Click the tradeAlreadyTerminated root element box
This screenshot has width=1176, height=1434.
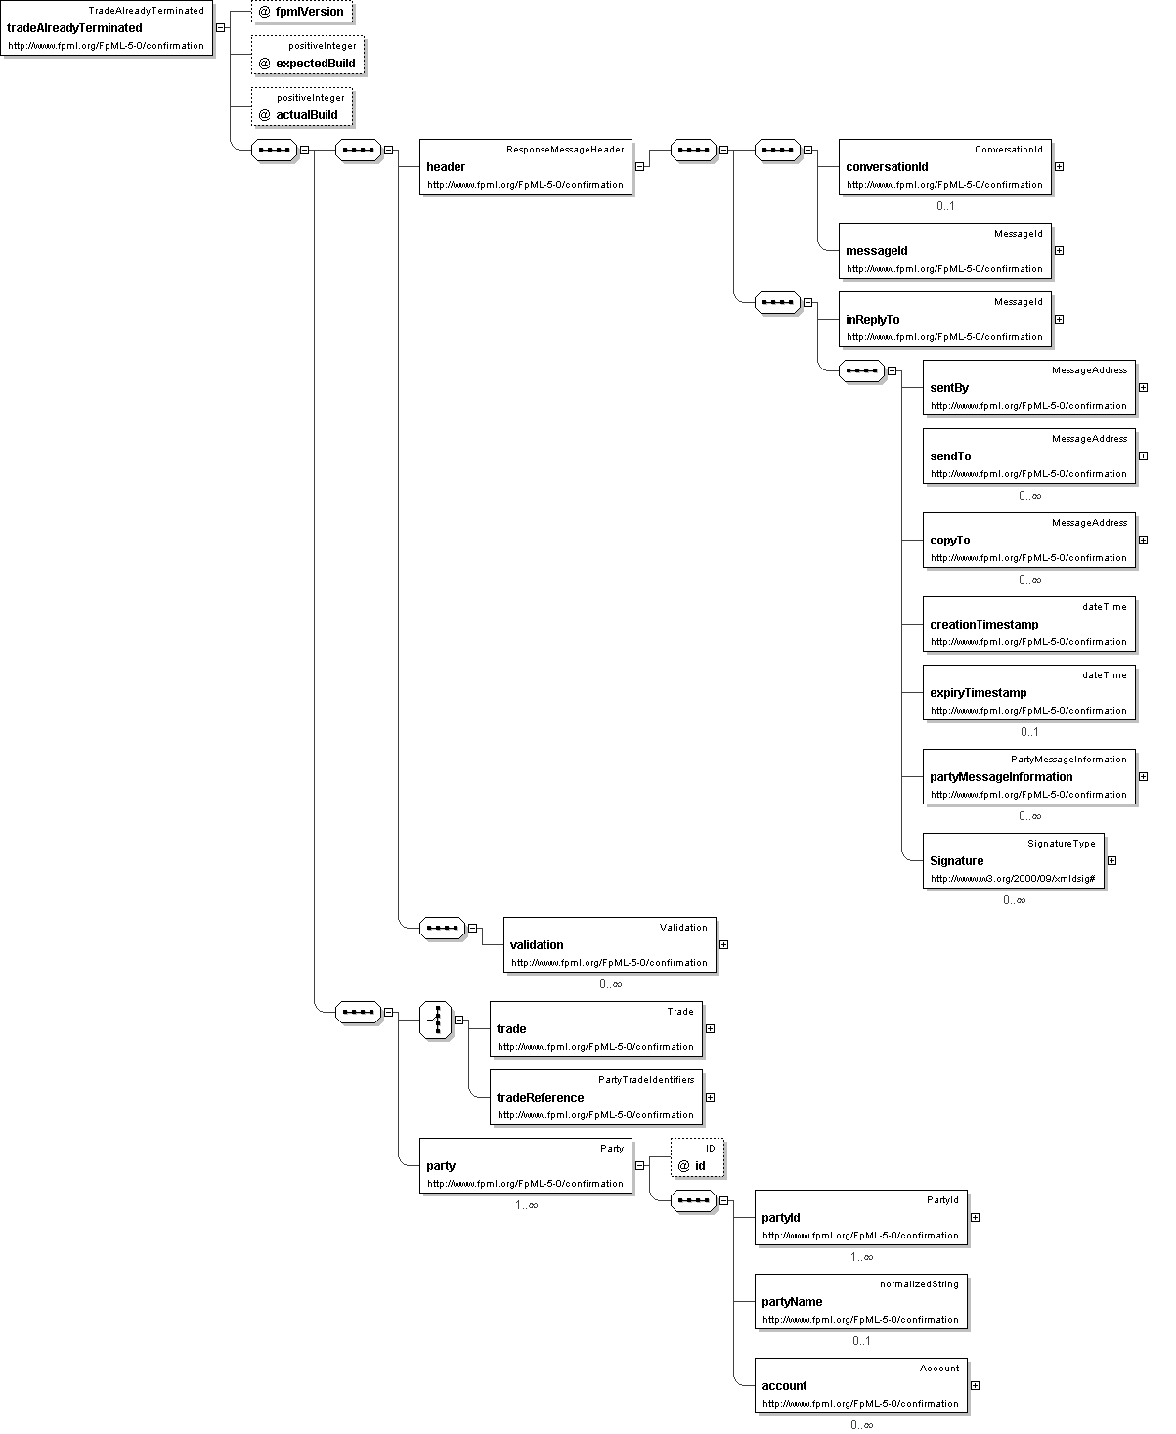107,28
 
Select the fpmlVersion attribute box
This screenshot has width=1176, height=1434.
302,12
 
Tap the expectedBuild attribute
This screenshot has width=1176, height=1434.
308,55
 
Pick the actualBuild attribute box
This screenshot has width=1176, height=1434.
302,107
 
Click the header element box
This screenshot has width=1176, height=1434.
526,166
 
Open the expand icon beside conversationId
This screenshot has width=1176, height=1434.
1059,166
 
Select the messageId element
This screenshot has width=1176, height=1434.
944,251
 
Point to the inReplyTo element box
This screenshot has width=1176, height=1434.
944,319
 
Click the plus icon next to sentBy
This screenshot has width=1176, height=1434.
1144,387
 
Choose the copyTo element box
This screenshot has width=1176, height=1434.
1029,540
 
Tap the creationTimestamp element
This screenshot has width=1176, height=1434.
1029,625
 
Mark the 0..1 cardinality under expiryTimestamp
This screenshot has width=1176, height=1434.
1029,732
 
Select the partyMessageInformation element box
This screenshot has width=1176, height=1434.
1029,776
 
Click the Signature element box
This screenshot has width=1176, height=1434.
1014,861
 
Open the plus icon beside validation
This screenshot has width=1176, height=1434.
723,944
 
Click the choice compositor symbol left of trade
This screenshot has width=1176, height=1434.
436,1020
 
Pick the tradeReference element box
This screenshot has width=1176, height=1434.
596,1098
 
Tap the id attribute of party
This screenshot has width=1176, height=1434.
697,1157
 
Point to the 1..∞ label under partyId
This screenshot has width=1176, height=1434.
861,1257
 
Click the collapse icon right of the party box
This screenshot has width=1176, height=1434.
639,1165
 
